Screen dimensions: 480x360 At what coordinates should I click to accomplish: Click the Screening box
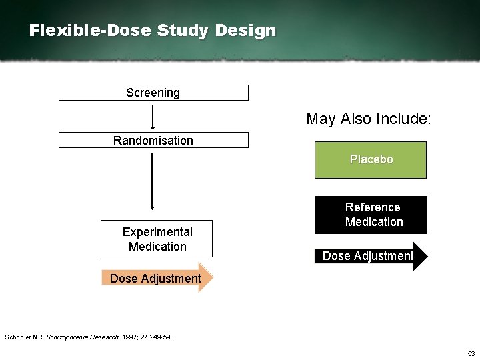click(153, 93)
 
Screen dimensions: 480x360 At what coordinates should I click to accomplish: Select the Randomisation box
click(153, 140)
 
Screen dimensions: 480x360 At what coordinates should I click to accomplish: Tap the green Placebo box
click(371, 160)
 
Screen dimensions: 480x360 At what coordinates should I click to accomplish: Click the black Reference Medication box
click(371, 215)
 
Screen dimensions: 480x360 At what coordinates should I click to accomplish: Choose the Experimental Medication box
click(157, 239)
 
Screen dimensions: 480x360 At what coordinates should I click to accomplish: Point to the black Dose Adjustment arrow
click(370, 256)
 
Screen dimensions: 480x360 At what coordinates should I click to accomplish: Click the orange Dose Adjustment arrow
click(157, 278)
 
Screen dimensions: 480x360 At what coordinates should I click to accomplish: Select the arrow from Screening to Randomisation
click(153, 116)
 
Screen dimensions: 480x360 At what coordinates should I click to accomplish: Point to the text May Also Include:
click(369, 119)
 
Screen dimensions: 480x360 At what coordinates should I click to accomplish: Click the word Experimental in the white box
click(157, 231)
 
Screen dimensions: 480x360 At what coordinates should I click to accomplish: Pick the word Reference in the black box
click(373, 207)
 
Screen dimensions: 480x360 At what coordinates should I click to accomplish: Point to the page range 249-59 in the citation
click(160, 337)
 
